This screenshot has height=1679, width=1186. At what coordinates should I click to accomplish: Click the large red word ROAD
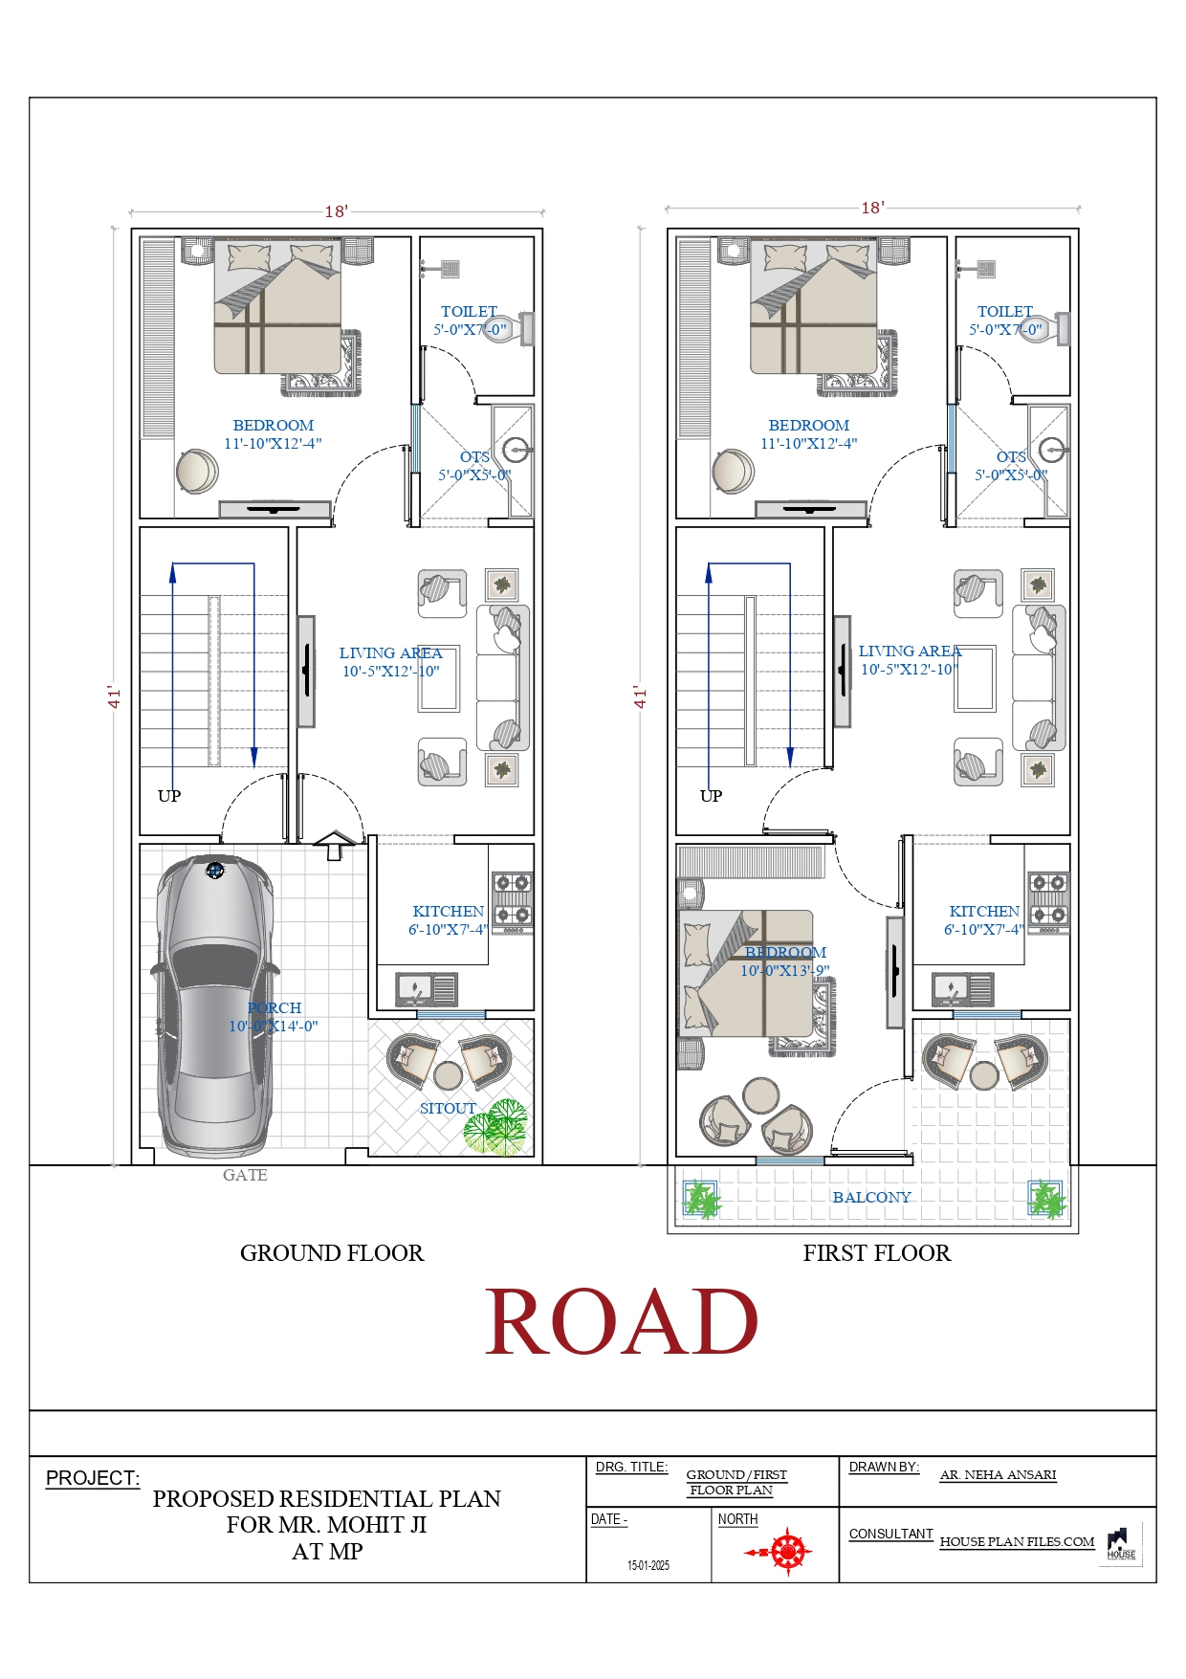point(622,1322)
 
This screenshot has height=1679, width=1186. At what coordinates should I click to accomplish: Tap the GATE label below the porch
point(245,1175)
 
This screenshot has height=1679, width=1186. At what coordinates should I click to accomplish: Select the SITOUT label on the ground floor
point(448,1108)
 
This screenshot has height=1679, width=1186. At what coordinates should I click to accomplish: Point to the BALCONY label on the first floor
point(871,1197)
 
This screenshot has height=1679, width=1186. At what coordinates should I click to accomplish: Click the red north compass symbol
point(787,1551)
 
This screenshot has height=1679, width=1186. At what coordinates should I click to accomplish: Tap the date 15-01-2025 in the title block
point(648,1565)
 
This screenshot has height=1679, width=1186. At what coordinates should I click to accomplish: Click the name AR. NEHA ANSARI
point(998,1474)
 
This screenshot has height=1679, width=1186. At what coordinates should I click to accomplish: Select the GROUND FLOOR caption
point(331,1253)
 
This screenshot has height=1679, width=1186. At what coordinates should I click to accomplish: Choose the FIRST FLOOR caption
point(876,1253)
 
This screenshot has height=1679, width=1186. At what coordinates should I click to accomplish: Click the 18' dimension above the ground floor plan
point(336,211)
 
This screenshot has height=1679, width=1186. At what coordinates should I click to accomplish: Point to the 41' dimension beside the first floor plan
point(641,696)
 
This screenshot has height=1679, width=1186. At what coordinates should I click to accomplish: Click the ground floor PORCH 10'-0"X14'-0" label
point(274,1017)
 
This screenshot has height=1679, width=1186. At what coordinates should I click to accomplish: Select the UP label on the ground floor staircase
point(169,796)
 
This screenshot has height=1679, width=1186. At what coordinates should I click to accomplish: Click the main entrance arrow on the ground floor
point(334,845)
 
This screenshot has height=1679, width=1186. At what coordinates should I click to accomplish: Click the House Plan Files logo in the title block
point(1121,1544)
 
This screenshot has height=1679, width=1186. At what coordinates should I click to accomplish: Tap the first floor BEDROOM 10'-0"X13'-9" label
point(785,961)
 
